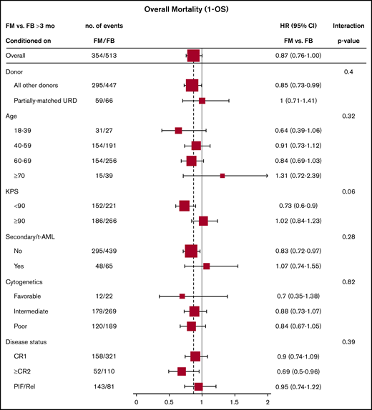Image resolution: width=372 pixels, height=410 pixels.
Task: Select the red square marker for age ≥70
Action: [222, 175]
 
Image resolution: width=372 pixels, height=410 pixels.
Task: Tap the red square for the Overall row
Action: [193, 55]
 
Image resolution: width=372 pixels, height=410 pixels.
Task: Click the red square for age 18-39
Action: [178, 131]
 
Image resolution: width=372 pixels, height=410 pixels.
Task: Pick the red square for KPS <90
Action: [184, 206]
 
